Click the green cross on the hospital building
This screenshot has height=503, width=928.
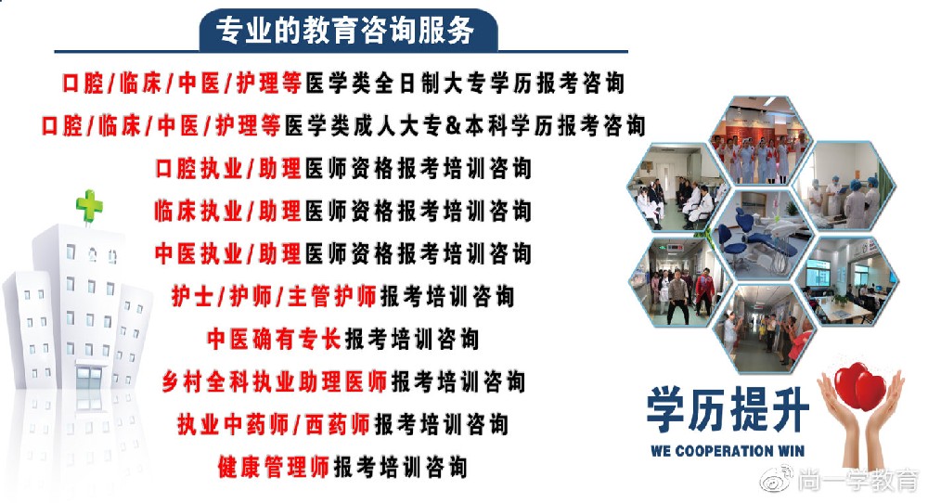point(89,205)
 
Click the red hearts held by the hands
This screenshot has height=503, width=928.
point(859,386)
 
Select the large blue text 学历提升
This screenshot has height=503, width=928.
point(728,409)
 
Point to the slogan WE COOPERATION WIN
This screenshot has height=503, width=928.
point(728,451)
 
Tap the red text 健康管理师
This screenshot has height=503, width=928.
point(274,467)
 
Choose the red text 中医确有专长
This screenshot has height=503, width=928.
point(274,339)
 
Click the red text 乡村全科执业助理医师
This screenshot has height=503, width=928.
point(275,381)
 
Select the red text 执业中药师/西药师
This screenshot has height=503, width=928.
point(274,424)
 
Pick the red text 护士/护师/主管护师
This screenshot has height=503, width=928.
point(274,296)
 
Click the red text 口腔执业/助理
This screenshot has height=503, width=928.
point(228,169)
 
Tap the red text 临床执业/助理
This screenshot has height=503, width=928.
point(228,212)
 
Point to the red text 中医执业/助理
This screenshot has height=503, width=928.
point(228,254)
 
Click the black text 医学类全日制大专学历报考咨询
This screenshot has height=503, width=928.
point(465,83)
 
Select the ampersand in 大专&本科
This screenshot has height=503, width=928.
point(453,126)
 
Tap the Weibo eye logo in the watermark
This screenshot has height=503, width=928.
point(777,479)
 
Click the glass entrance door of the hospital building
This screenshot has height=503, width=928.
point(89,380)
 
